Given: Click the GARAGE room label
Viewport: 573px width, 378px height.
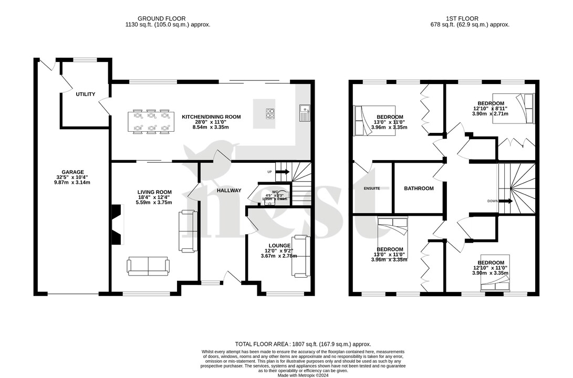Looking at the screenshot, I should [72, 172].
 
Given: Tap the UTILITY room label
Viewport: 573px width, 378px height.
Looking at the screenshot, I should [86, 94].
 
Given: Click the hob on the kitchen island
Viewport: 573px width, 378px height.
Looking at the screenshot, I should [271, 113].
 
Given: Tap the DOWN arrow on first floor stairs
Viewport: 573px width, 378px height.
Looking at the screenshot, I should [506, 201].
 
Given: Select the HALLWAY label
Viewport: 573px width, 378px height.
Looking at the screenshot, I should [229, 191].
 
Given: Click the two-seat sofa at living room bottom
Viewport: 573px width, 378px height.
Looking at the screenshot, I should [148, 266].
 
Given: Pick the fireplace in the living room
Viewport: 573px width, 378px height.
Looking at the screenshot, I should [117, 225].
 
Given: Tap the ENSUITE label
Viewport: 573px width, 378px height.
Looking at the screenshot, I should [371, 188].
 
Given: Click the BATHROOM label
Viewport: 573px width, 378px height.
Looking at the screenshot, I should [419, 188].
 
